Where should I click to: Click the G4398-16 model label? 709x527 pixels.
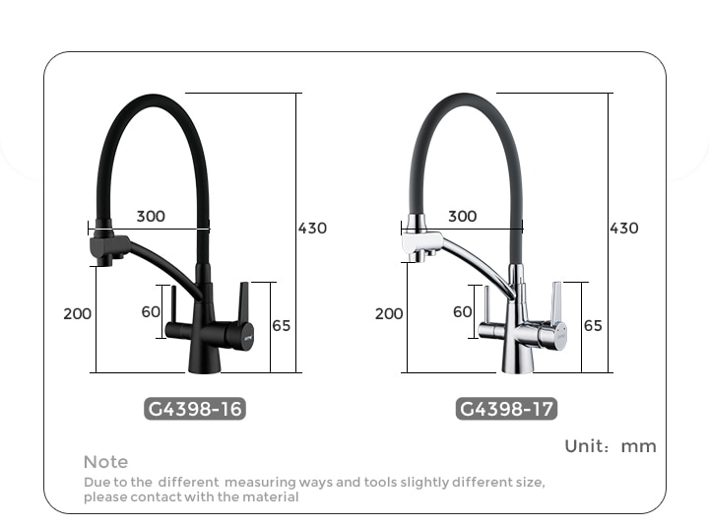195,409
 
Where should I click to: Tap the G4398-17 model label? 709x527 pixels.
506,409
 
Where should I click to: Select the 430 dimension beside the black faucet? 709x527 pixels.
312,228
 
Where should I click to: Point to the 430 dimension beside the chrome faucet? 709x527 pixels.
624,228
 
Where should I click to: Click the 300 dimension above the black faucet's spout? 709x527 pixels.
151,217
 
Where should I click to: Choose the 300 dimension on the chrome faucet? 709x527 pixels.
463,217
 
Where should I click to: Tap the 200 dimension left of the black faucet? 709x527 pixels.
78,313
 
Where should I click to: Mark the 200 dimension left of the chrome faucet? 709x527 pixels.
389,313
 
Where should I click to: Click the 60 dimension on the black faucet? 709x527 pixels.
151,311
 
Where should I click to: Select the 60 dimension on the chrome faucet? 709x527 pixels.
462,311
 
